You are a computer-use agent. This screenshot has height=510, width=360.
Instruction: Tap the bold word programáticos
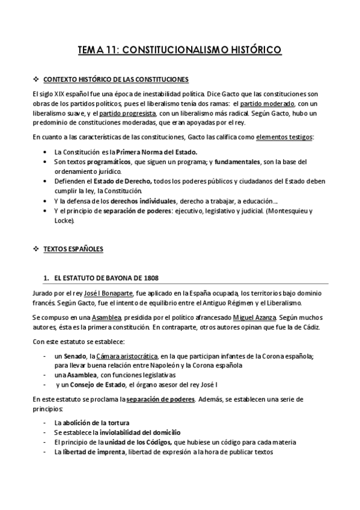tap(97, 162)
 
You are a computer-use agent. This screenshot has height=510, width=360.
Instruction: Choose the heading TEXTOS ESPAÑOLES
tap(74, 248)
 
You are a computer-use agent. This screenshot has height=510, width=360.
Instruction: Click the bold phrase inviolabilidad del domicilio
tap(136, 432)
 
